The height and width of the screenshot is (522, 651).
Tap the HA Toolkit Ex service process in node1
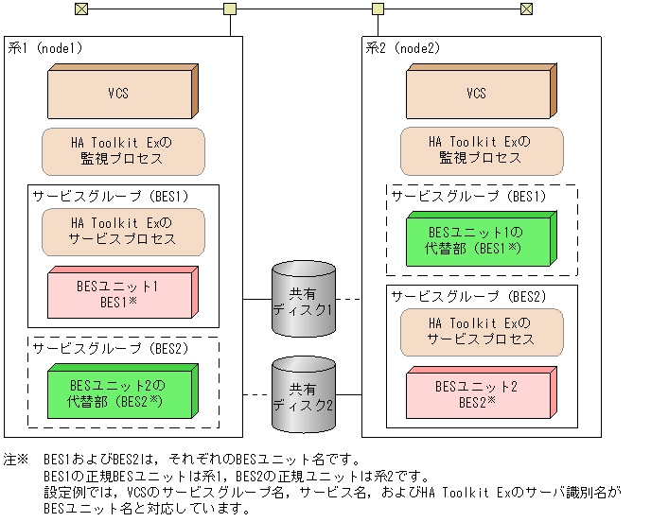click(x=123, y=232)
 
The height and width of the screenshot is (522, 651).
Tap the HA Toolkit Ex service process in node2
click(x=481, y=331)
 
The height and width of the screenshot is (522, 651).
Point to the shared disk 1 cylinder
click(x=303, y=302)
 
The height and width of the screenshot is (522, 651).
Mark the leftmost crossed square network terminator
click(x=80, y=9)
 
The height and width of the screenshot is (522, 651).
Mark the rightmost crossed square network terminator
click(x=527, y=9)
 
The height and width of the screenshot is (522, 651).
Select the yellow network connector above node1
click(x=230, y=9)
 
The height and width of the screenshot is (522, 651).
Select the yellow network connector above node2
click(x=378, y=9)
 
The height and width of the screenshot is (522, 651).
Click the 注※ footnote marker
click(x=17, y=457)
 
